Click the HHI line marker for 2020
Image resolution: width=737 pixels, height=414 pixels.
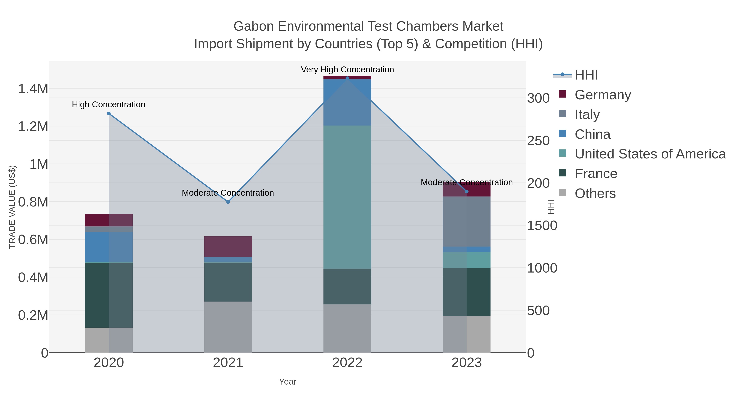(109, 113)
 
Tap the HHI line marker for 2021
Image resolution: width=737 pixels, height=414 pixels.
(228, 202)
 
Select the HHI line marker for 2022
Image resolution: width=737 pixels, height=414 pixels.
(347, 78)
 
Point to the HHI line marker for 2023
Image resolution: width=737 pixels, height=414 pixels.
(467, 191)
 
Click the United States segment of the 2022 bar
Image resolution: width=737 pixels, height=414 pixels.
(347, 197)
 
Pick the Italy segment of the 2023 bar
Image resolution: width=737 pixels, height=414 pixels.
(467, 221)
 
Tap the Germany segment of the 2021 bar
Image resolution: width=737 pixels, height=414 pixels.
(228, 246)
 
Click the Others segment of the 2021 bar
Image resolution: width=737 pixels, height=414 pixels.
(228, 327)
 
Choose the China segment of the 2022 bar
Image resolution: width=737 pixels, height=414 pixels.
(347, 102)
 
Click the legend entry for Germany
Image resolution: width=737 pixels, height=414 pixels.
(602, 95)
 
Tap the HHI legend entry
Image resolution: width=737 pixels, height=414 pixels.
(586, 75)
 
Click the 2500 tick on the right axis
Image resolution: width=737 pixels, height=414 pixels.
(538, 141)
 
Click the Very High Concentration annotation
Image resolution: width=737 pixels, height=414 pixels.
(347, 70)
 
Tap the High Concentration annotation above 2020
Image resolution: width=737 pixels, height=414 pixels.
(109, 104)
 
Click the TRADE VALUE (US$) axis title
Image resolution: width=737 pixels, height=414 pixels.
(12, 207)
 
